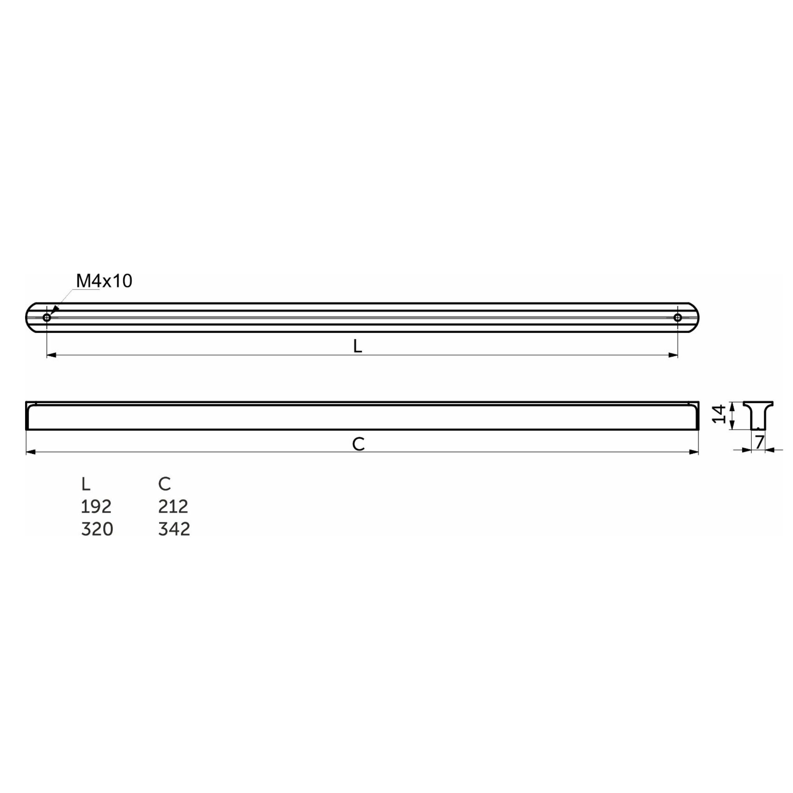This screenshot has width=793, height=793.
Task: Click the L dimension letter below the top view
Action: point(357,346)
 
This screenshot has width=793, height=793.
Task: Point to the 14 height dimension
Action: point(719,414)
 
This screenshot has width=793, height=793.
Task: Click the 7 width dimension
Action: point(759,442)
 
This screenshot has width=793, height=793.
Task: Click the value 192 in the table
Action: point(96,507)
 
